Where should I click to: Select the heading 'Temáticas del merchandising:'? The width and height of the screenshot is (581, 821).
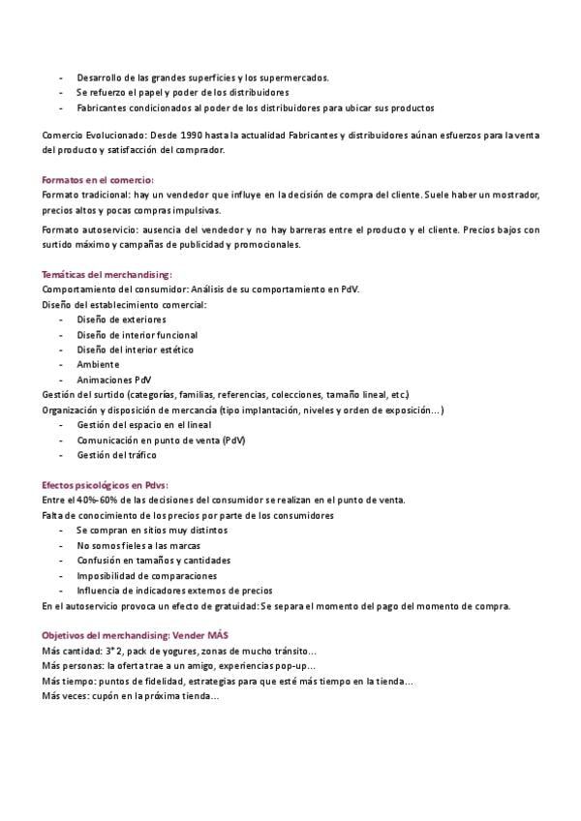[107, 275]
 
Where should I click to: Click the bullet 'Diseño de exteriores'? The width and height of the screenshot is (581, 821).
[121, 319]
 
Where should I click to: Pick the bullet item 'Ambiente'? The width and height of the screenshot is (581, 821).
[99, 365]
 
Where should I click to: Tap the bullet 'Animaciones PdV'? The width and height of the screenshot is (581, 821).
[114, 380]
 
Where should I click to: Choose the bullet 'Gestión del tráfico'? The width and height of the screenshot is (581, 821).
[116, 455]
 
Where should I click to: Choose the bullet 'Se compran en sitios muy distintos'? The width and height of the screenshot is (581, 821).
[152, 531]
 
